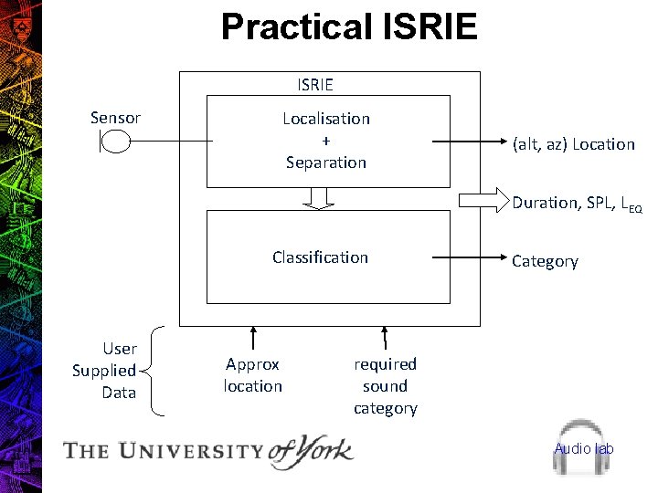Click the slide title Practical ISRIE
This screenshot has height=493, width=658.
[x=349, y=27]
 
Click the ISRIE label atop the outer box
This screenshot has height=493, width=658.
[x=315, y=85]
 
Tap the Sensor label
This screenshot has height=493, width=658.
[x=115, y=118]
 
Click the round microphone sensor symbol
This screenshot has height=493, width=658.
[x=116, y=142]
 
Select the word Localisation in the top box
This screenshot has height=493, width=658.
[x=326, y=119]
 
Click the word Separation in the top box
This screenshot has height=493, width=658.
[x=326, y=163]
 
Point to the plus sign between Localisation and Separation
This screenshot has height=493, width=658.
[x=326, y=141]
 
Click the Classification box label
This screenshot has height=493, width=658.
[x=320, y=257]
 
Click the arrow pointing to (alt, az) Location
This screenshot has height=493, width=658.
[x=466, y=142]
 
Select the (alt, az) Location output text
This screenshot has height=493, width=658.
[x=573, y=144]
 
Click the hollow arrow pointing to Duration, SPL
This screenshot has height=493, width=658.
[x=482, y=199]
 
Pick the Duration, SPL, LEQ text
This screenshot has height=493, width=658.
[x=577, y=204]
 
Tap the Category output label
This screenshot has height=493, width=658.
[x=545, y=261]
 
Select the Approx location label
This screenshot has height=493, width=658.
[x=253, y=375]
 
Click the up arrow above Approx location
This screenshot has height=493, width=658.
[x=253, y=338]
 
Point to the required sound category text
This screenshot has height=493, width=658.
[x=385, y=386]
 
